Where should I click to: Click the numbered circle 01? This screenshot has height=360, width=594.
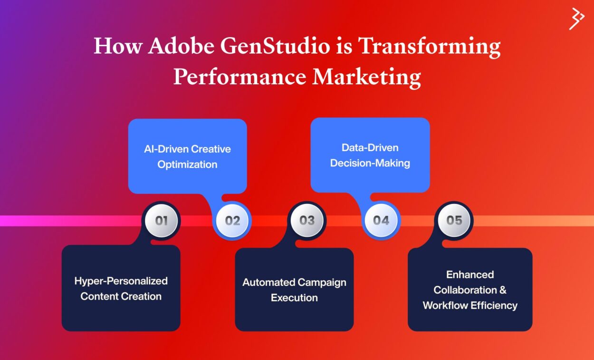[162, 221]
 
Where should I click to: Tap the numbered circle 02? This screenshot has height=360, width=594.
[233, 221]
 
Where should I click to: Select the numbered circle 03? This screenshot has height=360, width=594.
[307, 221]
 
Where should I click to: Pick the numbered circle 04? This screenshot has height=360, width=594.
[381, 221]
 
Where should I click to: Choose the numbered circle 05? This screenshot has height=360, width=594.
[454, 221]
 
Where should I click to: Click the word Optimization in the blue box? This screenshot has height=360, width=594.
[187, 165]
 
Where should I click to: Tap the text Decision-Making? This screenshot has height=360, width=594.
[370, 163]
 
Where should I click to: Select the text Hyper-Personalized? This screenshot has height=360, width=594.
[121, 281]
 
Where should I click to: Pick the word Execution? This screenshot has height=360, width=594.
[294, 298]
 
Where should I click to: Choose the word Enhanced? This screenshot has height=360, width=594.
[470, 274]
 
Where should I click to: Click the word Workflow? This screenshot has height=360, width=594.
[445, 305]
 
